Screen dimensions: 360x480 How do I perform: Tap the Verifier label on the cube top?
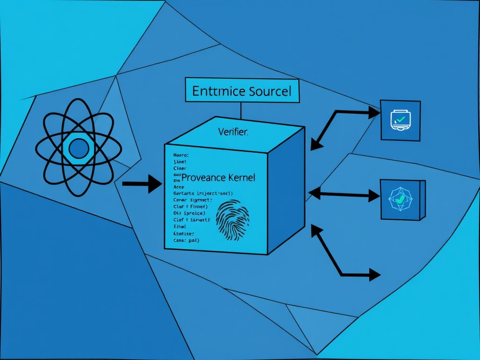coord(233,132)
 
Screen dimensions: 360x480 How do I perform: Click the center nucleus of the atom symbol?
coord(79,149)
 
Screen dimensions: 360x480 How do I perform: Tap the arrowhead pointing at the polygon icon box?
coord(374,195)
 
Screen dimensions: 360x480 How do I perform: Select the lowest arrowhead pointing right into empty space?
coord(374,274)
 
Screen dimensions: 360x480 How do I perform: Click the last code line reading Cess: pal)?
coord(186,240)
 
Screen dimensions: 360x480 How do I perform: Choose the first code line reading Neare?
coord(180,154)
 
